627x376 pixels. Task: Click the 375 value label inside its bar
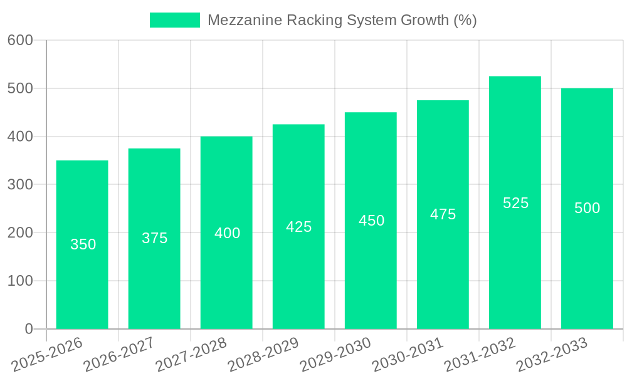point(154,238)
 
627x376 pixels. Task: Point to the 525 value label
point(515,203)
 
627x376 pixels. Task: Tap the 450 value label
point(371,221)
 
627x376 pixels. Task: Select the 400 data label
point(227,233)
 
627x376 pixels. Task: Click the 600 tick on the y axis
point(20,41)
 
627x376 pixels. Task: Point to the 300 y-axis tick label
point(20,185)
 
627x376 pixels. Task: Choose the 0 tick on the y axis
point(28,329)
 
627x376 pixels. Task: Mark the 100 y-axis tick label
point(20,281)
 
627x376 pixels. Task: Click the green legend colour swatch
point(174,20)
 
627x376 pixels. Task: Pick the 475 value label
point(443,214)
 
